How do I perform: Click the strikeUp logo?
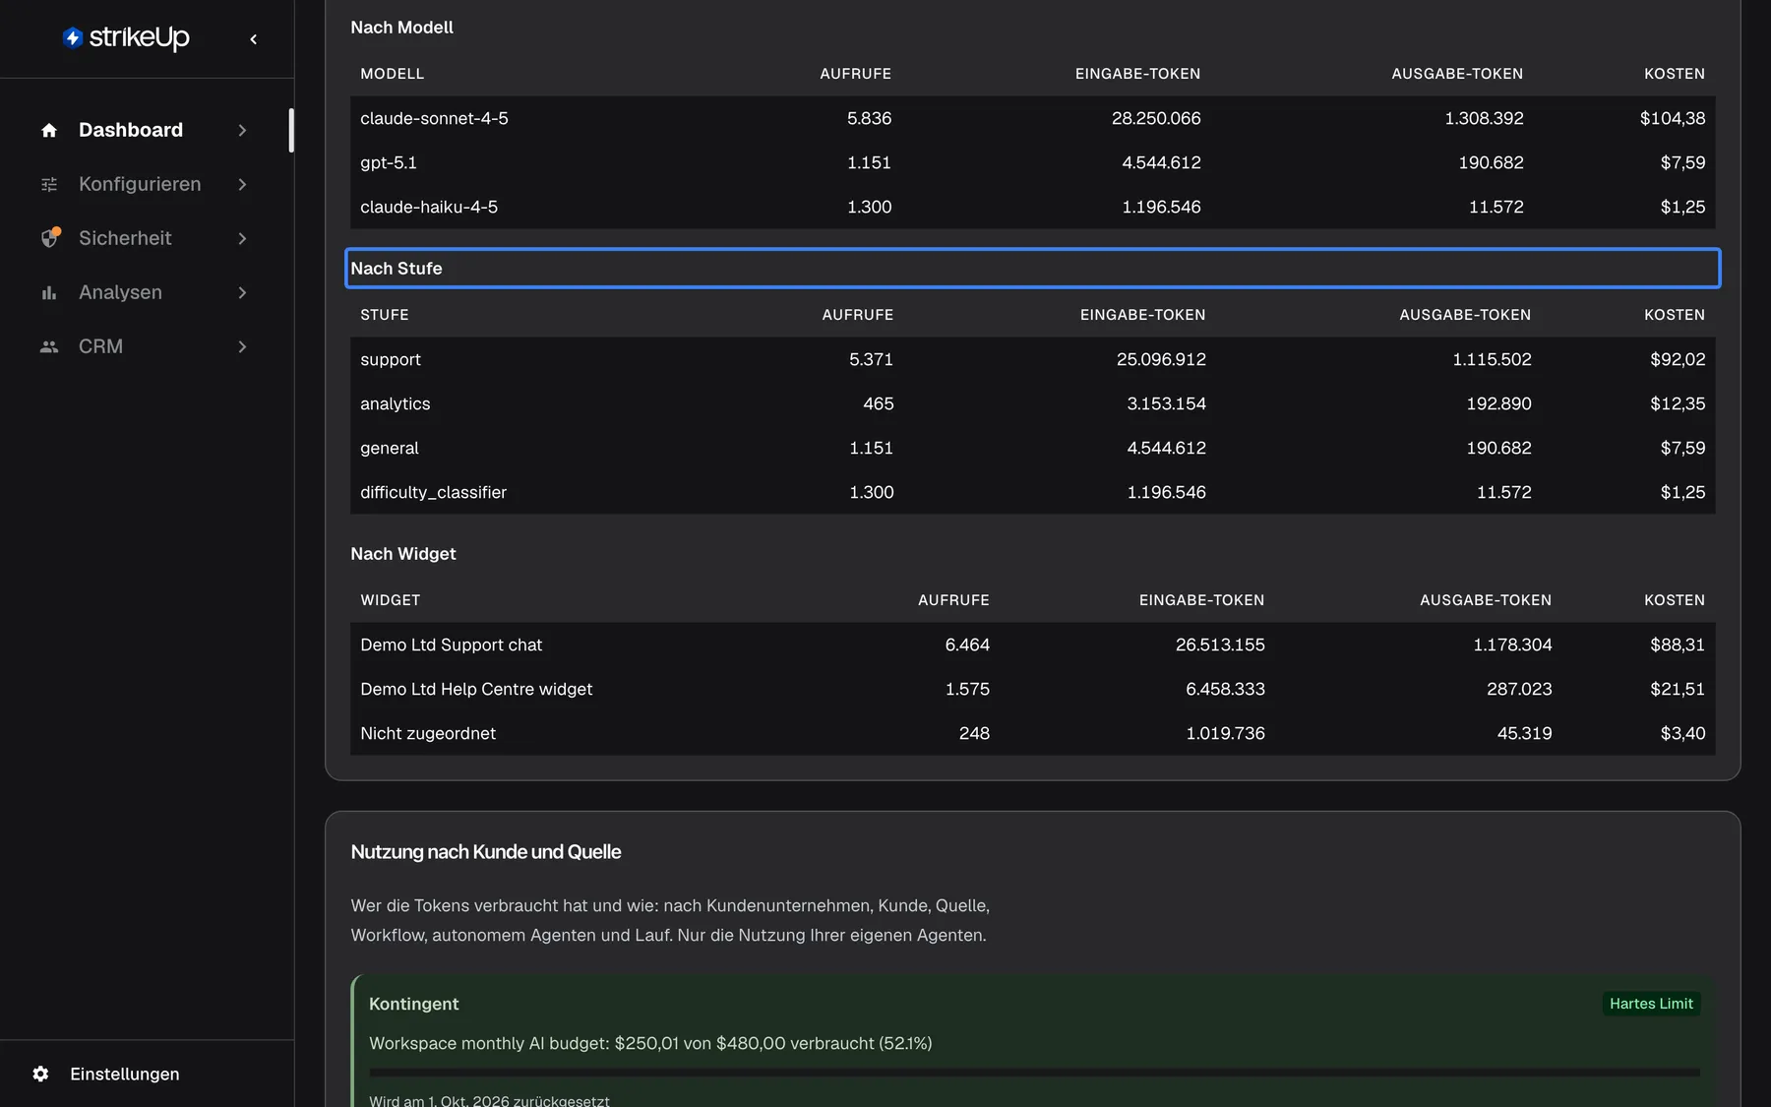pos(126,37)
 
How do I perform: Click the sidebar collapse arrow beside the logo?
pos(254,39)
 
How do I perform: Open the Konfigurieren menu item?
pos(140,184)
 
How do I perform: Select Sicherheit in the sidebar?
pos(125,238)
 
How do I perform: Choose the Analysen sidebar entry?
pos(120,292)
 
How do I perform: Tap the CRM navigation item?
pos(100,346)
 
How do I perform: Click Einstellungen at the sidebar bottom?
pos(124,1074)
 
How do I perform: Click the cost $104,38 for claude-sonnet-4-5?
pos(1673,118)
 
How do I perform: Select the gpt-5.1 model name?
pos(389,162)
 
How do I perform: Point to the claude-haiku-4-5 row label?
pos(429,207)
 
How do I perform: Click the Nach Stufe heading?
pos(397,269)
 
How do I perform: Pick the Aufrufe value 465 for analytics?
pos(879,403)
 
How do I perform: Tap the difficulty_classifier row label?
pos(433,492)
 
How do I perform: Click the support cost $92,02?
pos(1678,359)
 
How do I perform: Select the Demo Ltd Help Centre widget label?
pos(476,689)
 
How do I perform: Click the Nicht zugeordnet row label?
pos(428,733)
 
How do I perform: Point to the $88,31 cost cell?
pos(1678,645)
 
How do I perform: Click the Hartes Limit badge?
pos(1651,1004)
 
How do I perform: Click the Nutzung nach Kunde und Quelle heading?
pos(486,852)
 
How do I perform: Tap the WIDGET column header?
pos(390,600)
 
